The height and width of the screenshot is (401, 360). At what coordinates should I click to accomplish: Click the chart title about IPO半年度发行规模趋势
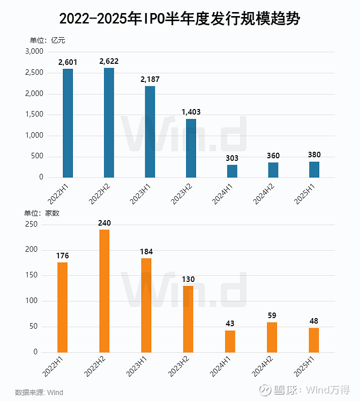click(x=179, y=19)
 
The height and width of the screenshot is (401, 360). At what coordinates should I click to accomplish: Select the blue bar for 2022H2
click(x=109, y=123)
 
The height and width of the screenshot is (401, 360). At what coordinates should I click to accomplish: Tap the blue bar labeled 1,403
click(x=191, y=148)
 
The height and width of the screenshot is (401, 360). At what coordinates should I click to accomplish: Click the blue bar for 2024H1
click(x=232, y=171)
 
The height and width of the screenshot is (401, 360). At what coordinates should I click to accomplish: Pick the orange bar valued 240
click(x=105, y=291)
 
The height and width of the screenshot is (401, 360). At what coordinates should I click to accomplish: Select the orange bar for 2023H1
click(x=146, y=305)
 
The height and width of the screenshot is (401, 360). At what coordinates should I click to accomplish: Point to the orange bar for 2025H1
click(x=314, y=340)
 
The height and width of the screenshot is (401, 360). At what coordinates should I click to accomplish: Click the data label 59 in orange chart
click(x=272, y=316)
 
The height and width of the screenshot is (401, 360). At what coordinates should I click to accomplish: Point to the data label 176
click(x=62, y=256)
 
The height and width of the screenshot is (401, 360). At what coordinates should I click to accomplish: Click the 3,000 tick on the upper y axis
click(x=34, y=52)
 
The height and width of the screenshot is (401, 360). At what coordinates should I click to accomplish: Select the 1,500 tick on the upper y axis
click(x=34, y=115)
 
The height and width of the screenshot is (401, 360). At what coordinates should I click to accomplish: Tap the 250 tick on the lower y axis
click(x=31, y=225)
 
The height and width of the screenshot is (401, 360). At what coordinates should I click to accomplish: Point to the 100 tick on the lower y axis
click(x=31, y=301)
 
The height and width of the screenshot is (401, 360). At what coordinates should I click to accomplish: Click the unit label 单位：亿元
click(x=47, y=40)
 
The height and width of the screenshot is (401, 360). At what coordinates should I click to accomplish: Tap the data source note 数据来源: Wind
click(x=39, y=392)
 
